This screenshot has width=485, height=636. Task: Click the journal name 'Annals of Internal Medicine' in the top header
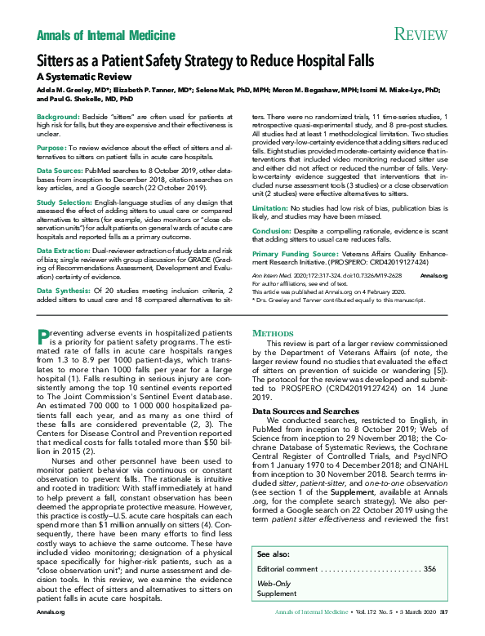[x=106, y=35]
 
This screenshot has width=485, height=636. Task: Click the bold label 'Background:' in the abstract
[x=60, y=118]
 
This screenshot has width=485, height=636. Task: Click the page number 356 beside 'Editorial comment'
[x=429, y=568]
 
